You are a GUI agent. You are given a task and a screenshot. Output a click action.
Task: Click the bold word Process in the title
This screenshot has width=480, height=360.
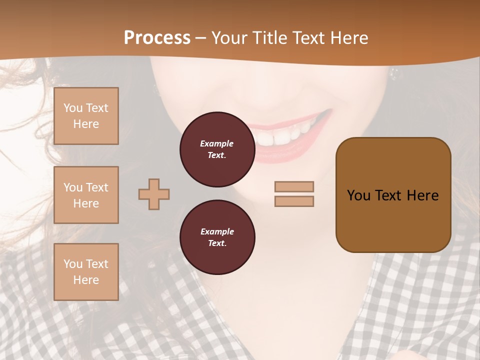pos(157,38)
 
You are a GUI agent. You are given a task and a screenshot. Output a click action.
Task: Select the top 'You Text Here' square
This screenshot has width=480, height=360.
pos(86,116)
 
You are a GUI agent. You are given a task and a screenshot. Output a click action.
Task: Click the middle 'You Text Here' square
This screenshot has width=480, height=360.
pos(86,195)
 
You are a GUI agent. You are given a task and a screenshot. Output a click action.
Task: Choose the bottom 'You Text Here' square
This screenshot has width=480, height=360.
pos(86,272)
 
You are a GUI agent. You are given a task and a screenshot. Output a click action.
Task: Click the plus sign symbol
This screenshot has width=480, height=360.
pos(154,194)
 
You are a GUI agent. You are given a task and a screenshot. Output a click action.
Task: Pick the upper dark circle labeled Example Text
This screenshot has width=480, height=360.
pos(217,149)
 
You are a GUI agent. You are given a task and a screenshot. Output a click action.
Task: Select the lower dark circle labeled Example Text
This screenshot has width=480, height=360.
pos(217,237)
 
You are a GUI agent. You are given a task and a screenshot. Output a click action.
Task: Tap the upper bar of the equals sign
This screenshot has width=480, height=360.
pos(294,186)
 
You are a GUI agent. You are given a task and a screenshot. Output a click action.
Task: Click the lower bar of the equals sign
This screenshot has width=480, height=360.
pos(294,201)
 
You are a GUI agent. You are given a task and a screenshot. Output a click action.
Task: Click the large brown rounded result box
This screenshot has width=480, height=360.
pos(393,195)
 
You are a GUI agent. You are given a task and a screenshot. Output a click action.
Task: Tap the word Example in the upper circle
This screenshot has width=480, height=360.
pos(217,143)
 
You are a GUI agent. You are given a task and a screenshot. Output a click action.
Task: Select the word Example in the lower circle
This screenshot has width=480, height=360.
pos(217,231)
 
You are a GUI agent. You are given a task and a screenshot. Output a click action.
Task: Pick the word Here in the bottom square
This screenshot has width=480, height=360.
pos(86,280)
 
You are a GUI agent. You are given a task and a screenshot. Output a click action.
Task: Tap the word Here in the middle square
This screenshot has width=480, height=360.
pos(86,203)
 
